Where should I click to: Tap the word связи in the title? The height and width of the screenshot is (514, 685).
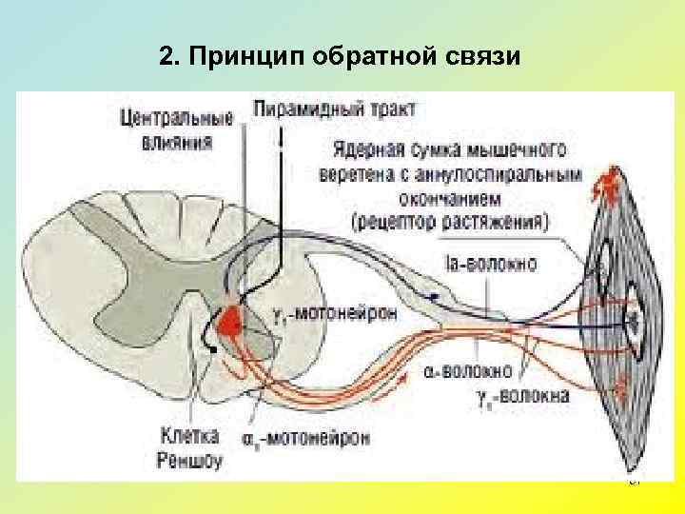click(484, 57)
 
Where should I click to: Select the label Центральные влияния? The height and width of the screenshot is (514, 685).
click(177, 130)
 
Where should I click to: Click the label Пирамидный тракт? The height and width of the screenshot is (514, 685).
click(335, 109)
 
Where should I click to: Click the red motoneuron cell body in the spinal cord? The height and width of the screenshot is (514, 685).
click(229, 325)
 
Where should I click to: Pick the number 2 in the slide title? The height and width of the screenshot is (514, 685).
click(166, 57)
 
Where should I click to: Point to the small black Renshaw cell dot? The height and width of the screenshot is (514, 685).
click(214, 350)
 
